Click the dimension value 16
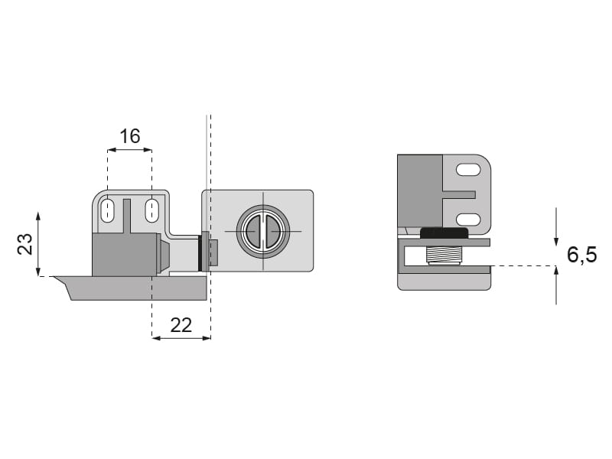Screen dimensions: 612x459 (x=129, y=136)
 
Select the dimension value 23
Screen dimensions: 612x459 (x=25, y=244)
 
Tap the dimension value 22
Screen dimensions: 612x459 (x=181, y=325)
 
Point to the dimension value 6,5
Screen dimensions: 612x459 (x=581, y=255)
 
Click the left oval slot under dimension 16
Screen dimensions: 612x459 (x=106, y=211)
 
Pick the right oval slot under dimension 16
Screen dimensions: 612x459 (x=151, y=211)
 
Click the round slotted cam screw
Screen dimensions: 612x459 (x=263, y=232)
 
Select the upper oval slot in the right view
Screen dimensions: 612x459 (x=468, y=170)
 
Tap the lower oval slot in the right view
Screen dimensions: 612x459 (x=468, y=220)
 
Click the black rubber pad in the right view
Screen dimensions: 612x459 (x=444, y=233)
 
